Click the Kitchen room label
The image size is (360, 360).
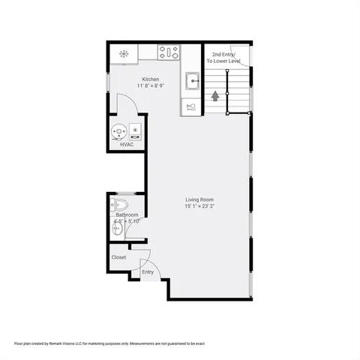150,79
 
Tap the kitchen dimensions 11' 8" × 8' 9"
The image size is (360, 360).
150,86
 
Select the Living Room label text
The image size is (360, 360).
200,199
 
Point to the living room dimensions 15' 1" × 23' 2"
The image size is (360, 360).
200,206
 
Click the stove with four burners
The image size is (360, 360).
169,52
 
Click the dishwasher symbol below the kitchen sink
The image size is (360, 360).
191,106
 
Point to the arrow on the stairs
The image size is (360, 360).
216,95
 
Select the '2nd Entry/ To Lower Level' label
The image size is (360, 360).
226,58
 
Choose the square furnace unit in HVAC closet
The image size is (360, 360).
135,132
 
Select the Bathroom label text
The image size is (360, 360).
127,215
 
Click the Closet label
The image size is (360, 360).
118,257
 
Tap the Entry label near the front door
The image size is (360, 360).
148,271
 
